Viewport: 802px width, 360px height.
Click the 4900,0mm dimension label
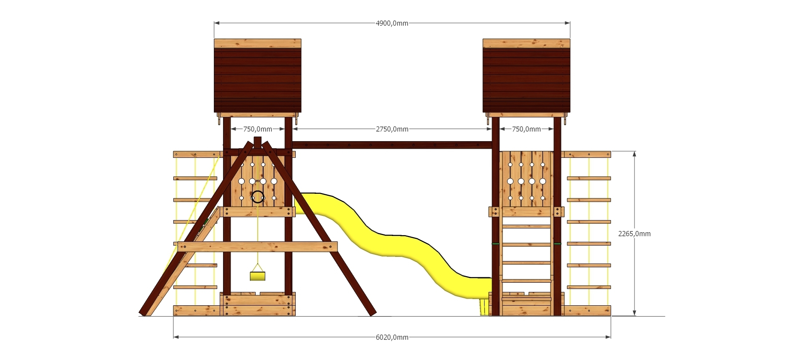coord(392,23)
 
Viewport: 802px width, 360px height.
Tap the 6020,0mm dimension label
coord(392,337)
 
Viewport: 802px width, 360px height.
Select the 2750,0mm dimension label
coord(392,129)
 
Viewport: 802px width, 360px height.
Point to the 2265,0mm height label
coord(634,234)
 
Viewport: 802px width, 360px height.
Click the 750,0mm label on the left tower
coord(257,129)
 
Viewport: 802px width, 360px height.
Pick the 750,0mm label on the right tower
coord(526,129)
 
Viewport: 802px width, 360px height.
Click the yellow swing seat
coord(257,276)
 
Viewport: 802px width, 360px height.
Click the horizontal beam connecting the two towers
coord(392,145)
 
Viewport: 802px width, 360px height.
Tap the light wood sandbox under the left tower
coord(258,304)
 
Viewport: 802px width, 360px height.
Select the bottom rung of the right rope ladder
coord(589,287)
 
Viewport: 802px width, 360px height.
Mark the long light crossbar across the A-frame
coord(257,246)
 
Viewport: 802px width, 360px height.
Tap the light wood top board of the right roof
coord(526,43)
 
